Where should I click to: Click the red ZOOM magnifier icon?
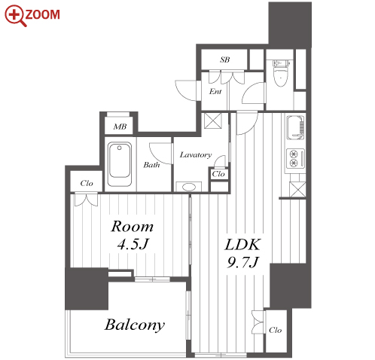point(16,16)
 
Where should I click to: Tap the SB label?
point(224,59)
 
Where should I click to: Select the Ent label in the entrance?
point(215,91)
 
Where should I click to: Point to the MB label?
point(120,127)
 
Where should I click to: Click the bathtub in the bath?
point(120,164)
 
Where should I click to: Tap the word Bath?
point(151,165)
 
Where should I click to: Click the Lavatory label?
point(196,155)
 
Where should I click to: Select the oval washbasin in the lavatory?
point(189,187)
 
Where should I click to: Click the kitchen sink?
point(296,127)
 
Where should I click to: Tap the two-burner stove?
point(295,158)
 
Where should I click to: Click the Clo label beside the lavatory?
point(218,174)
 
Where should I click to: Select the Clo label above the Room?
point(87,183)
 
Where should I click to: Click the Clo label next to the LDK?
point(275,330)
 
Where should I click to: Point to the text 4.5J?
point(133,244)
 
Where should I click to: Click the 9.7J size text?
point(242,263)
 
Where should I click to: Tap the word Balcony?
point(135,325)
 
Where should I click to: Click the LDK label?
point(242,245)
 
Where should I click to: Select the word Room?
point(133,227)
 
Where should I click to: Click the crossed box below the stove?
point(297,189)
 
